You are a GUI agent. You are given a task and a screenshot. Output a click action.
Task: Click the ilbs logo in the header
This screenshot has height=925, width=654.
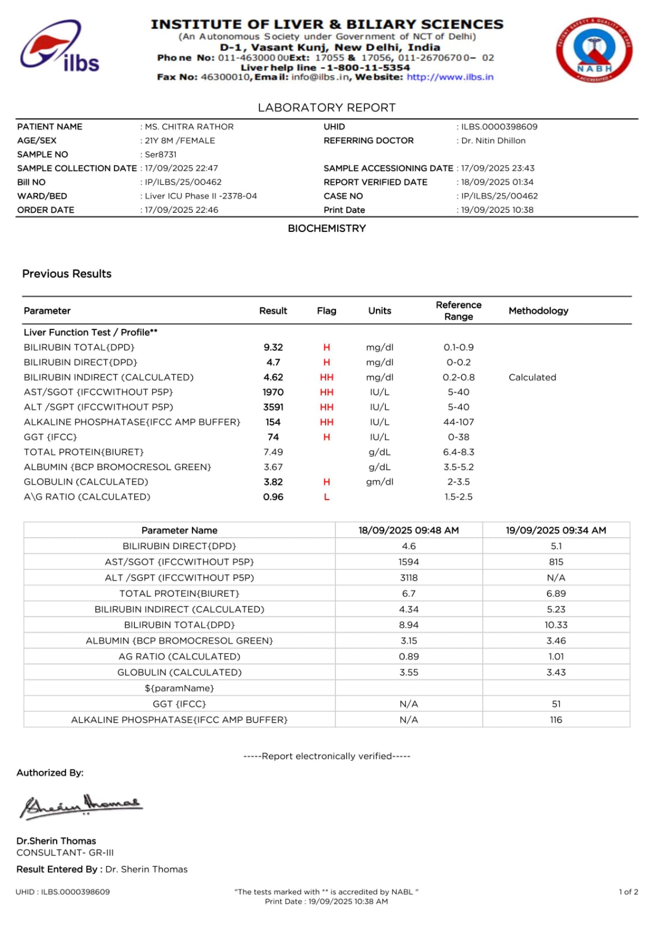click(x=60, y=47)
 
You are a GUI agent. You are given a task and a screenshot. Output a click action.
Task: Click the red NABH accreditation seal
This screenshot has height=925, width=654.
click(x=594, y=50)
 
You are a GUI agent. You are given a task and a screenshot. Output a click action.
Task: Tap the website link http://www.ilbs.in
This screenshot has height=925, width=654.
click(x=450, y=77)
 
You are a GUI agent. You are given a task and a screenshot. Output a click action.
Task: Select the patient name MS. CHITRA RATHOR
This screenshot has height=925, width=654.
click(x=189, y=127)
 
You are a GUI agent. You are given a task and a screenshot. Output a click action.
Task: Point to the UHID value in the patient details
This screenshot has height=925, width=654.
click(x=499, y=127)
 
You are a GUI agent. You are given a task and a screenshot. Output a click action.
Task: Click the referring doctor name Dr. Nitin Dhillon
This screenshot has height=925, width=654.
click(x=493, y=140)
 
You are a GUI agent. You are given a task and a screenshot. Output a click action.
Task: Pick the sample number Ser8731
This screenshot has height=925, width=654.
click(x=161, y=154)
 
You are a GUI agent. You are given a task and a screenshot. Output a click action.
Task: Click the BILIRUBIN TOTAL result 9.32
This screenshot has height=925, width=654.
click(x=273, y=347)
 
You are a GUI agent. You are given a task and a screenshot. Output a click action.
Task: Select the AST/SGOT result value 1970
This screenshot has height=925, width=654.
click(x=273, y=392)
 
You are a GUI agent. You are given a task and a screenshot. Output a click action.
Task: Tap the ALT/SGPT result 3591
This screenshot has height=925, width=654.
click(x=273, y=407)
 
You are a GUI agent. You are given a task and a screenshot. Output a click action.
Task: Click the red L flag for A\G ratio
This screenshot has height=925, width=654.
click(x=327, y=497)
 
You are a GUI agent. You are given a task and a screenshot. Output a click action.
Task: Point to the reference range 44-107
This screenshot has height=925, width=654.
click(x=459, y=422)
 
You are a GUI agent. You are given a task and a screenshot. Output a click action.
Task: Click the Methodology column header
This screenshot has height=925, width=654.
click(x=538, y=311)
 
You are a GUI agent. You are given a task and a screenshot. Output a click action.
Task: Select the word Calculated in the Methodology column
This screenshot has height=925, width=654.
click(x=532, y=378)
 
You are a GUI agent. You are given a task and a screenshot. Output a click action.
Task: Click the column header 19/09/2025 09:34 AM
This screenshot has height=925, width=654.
click(x=556, y=530)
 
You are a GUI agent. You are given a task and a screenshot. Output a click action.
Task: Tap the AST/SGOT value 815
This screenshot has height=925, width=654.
click(x=556, y=562)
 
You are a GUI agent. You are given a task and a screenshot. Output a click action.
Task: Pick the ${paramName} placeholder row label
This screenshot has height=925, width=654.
click(x=179, y=688)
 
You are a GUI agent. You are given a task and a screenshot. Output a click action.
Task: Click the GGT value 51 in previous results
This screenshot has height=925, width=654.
click(x=556, y=704)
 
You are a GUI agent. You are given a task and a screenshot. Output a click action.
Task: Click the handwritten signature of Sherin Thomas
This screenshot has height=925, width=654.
click(x=81, y=805)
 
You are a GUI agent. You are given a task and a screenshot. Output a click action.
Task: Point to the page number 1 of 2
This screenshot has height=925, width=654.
click(x=628, y=892)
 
